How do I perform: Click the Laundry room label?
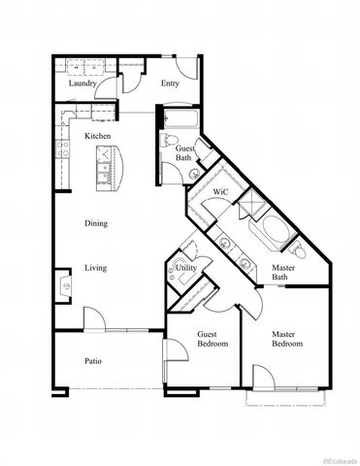[82, 83]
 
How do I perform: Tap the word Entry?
[170, 83]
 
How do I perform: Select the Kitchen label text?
[98, 136]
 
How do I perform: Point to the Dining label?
[95, 223]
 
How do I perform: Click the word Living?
[95, 268]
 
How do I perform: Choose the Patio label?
[93, 361]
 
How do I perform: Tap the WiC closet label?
[220, 192]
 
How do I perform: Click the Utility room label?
[187, 267]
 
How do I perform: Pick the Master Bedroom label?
[286, 339]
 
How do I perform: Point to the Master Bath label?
[283, 274]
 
